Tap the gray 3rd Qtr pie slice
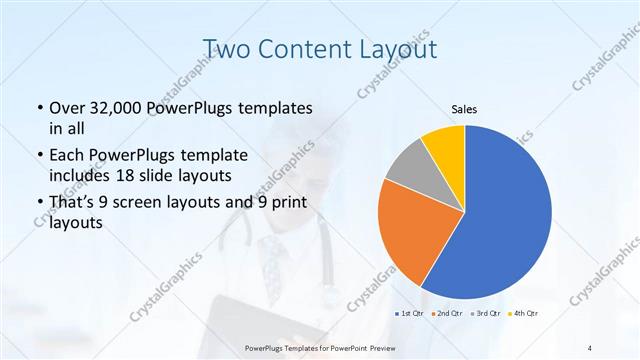click(x=410, y=170)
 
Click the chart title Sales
click(x=464, y=109)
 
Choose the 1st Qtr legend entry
click(x=410, y=314)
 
